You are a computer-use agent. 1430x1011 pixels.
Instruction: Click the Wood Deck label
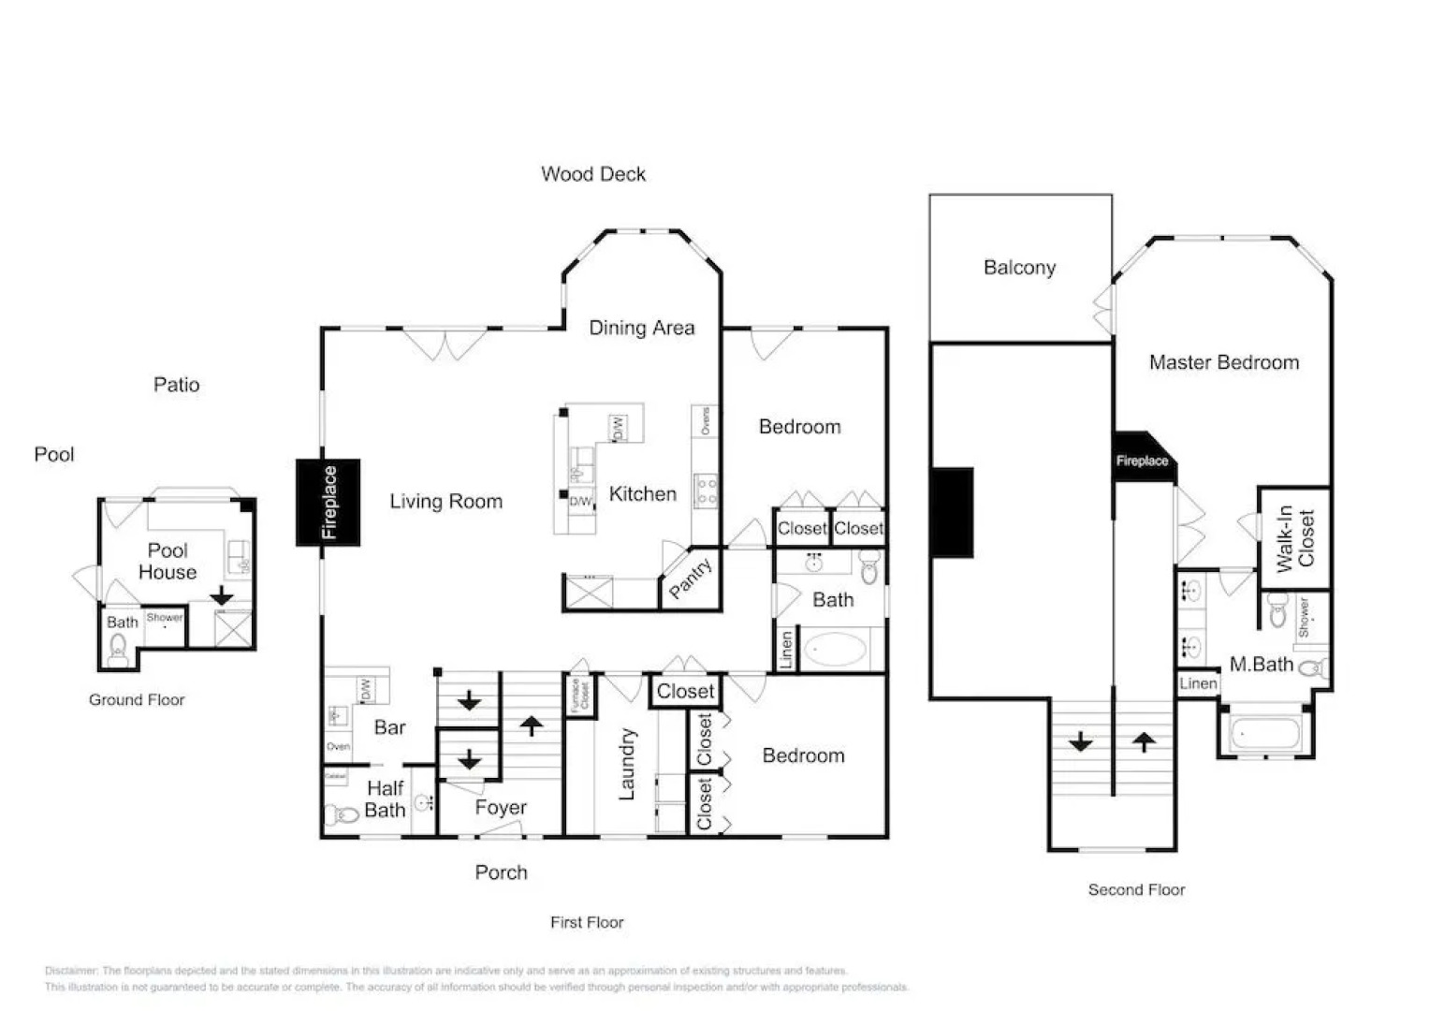[593, 174]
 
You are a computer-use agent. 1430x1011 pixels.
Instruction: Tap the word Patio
[176, 385]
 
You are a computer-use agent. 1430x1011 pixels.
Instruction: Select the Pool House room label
[168, 562]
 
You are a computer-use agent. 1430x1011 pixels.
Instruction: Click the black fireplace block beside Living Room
[328, 503]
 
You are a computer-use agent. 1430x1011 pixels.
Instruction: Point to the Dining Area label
[641, 329]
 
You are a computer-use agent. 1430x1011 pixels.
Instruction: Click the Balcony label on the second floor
[1019, 268]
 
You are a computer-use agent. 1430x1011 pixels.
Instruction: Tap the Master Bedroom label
[1223, 363]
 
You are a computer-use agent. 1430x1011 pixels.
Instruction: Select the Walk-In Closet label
[1295, 538]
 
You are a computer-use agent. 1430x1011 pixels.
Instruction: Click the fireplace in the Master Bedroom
[1141, 459]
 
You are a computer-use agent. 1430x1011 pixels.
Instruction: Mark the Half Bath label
[385, 799]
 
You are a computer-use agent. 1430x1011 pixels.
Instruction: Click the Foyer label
[501, 808]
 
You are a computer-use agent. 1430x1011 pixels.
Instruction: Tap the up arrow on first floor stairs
[532, 725]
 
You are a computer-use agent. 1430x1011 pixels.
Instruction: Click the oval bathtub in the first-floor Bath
[833, 649]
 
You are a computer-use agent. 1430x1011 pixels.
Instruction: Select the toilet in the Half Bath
[342, 815]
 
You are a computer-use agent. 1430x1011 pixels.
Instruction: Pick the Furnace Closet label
[579, 696]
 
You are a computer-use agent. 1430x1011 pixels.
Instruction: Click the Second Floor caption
[1136, 890]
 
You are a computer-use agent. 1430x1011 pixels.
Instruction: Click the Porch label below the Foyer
[501, 872]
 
